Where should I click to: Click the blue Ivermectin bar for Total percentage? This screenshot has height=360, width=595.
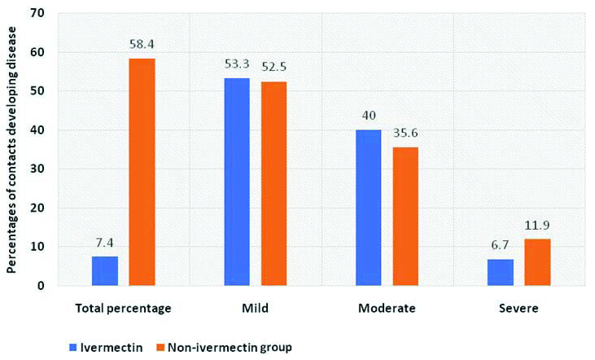(105, 270)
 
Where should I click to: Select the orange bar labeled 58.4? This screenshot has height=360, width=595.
(142, 172)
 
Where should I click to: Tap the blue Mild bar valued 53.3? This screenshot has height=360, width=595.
(237, 182)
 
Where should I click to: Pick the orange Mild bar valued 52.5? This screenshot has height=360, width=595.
(273, 183)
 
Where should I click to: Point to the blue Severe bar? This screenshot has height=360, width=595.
(501, 272)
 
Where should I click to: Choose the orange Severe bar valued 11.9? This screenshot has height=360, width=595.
(536, 262)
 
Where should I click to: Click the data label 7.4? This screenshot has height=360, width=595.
(105, 244)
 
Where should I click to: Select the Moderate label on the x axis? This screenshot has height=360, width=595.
(387, 310)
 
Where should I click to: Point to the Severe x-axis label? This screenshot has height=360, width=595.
(518, 310)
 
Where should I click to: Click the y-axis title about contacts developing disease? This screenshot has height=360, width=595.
(13, 147)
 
